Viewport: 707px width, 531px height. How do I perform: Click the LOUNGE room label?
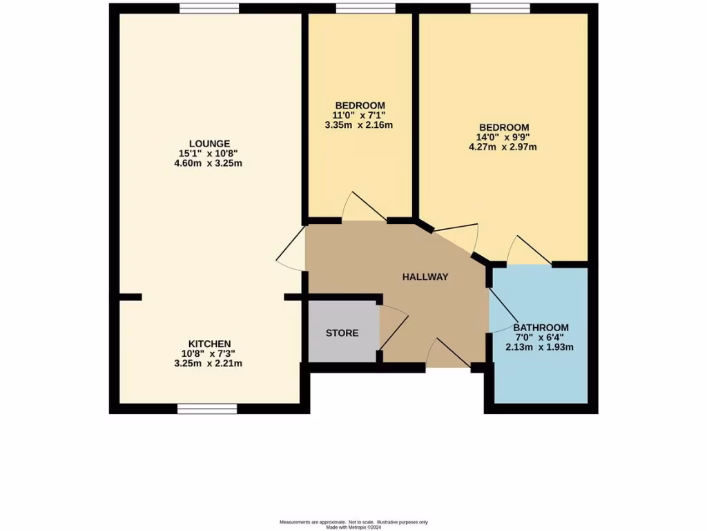click(x=211, y=143)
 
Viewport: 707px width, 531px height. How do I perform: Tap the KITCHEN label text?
click(x=210, y=344)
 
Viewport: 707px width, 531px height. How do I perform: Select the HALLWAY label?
click(x=425, y=277)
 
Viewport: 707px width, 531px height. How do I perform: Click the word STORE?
click(x=342, y=333)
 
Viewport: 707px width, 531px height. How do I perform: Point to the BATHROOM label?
click(x=541, y=328)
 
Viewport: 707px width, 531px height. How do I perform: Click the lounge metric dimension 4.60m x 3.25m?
click(x=211, y=164)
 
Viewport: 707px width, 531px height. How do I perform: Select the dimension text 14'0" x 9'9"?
click(x=504, y=137)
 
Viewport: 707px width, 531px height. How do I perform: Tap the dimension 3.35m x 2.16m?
click(x=359, y=126)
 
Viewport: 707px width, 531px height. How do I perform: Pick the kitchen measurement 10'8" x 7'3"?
click(x=210, y=353)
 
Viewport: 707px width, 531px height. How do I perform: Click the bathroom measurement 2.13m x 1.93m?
click(x=540, y=347)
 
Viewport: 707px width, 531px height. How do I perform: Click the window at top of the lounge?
click(x=209, y=8)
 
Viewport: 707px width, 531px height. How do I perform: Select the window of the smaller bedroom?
click(x=365, y=8)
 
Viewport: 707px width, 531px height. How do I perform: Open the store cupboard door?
click(x=394, y=328)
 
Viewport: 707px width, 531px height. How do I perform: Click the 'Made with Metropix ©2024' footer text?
click(x=353, y=526)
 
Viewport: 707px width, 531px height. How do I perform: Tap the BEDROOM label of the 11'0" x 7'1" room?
click(x=359, y=106)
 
